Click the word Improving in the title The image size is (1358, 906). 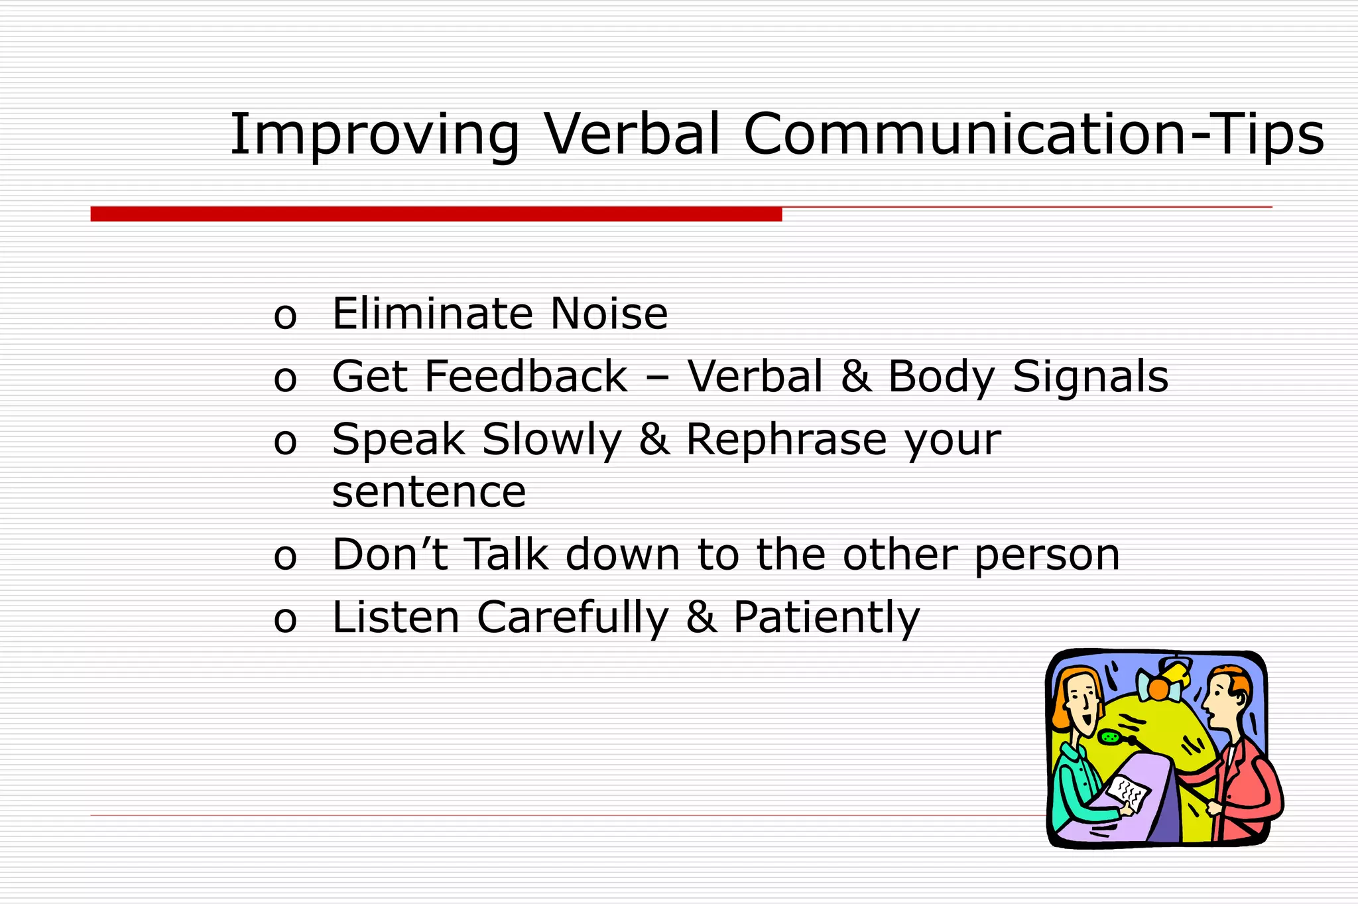click(374, 135)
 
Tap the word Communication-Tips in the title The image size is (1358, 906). click(1033, 135)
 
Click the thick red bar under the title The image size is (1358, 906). click(436, 214)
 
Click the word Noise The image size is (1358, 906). click(609, 314)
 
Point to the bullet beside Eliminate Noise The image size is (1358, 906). click(285, 316)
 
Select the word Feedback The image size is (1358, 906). click(525, 377)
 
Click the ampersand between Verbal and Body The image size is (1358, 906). click(855, 377)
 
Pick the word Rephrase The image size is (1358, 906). click(786, 440)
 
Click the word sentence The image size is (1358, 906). click(429, 493)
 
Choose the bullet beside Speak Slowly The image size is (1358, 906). click(285, 442)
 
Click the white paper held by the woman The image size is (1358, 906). click(1127, 792)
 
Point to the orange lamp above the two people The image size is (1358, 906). click(1158, 688)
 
